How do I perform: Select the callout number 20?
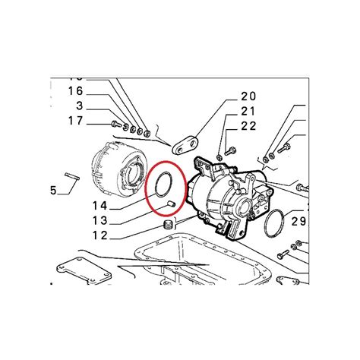click(227, 96)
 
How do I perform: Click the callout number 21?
click(227, 112)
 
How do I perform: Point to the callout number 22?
click(227, 126)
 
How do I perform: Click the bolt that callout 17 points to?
click(115, 123)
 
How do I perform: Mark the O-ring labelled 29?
click(276, 223)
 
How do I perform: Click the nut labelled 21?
click(219, 157)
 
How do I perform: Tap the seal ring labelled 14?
click(161, 187)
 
